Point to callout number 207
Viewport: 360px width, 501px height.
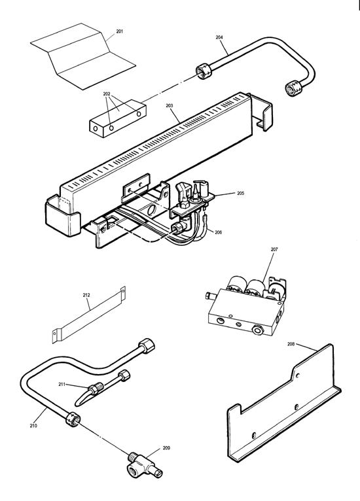[x=273, y=250]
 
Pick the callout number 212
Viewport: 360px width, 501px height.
[x=86, y=295]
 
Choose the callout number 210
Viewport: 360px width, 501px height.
[x=33, y=426]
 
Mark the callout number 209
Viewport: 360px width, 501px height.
[x=166, y=448]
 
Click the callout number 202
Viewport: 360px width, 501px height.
[x=107, y=94]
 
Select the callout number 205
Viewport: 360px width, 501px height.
[x=240, y=193]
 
